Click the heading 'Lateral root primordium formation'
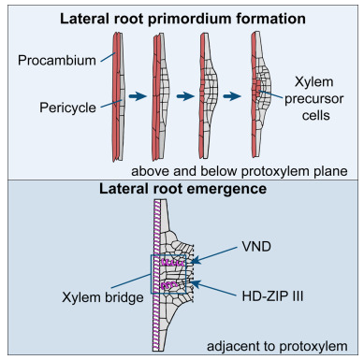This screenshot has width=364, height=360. click(x=181, y=18)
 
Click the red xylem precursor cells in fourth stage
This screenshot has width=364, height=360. click(x=256, y=94)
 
